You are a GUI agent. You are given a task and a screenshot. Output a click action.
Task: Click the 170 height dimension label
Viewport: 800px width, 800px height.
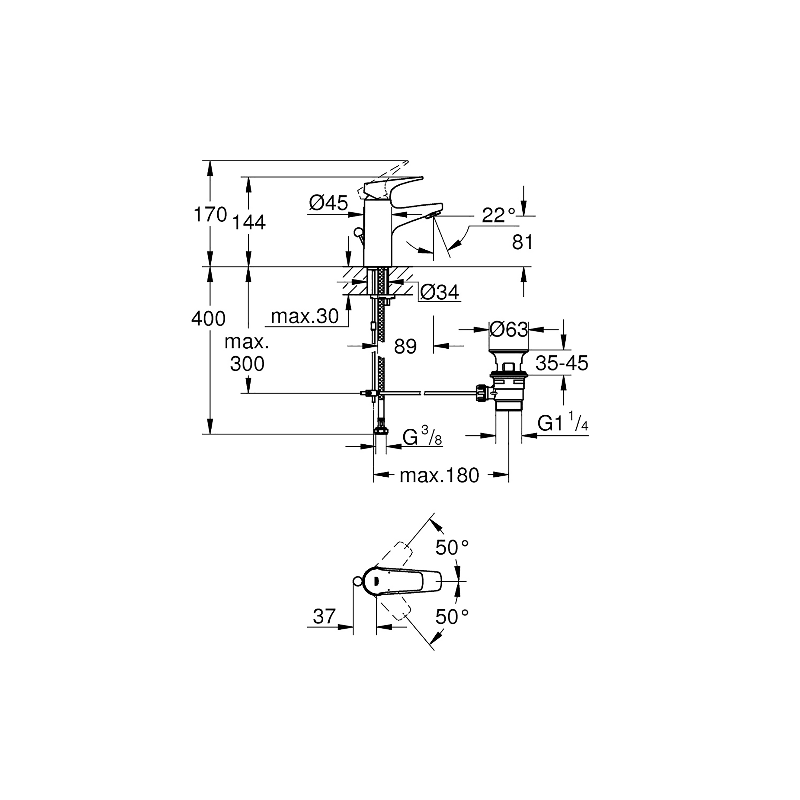[210, 214]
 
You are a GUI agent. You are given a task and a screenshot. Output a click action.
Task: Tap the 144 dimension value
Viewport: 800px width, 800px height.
[249, 222]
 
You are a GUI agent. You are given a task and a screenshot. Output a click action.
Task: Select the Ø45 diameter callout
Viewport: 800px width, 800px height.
[328, 203]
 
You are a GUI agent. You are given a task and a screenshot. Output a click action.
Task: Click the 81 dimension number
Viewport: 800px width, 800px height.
[523, 242]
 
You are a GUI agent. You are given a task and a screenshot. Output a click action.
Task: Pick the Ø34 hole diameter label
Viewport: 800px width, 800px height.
[439, 292]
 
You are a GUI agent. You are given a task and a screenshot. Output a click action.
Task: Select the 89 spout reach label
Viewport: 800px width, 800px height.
[405, 346]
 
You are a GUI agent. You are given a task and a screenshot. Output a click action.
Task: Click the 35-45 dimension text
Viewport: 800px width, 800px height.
[562, 363]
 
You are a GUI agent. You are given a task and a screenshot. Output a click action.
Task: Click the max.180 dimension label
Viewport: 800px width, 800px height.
[439, 475]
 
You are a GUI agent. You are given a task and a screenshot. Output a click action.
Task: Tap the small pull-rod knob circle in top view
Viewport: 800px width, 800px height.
[357, 581]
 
